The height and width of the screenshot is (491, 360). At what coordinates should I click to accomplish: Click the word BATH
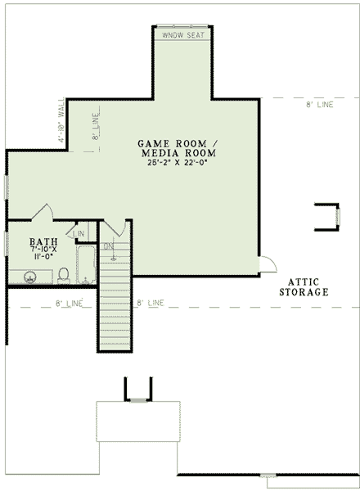point(43,242)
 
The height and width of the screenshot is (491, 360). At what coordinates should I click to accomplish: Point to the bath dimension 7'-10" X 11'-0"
point(43,255)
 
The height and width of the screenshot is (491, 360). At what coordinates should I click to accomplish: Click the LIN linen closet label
point(79,235)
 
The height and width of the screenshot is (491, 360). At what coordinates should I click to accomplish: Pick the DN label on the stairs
point(109,245)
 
